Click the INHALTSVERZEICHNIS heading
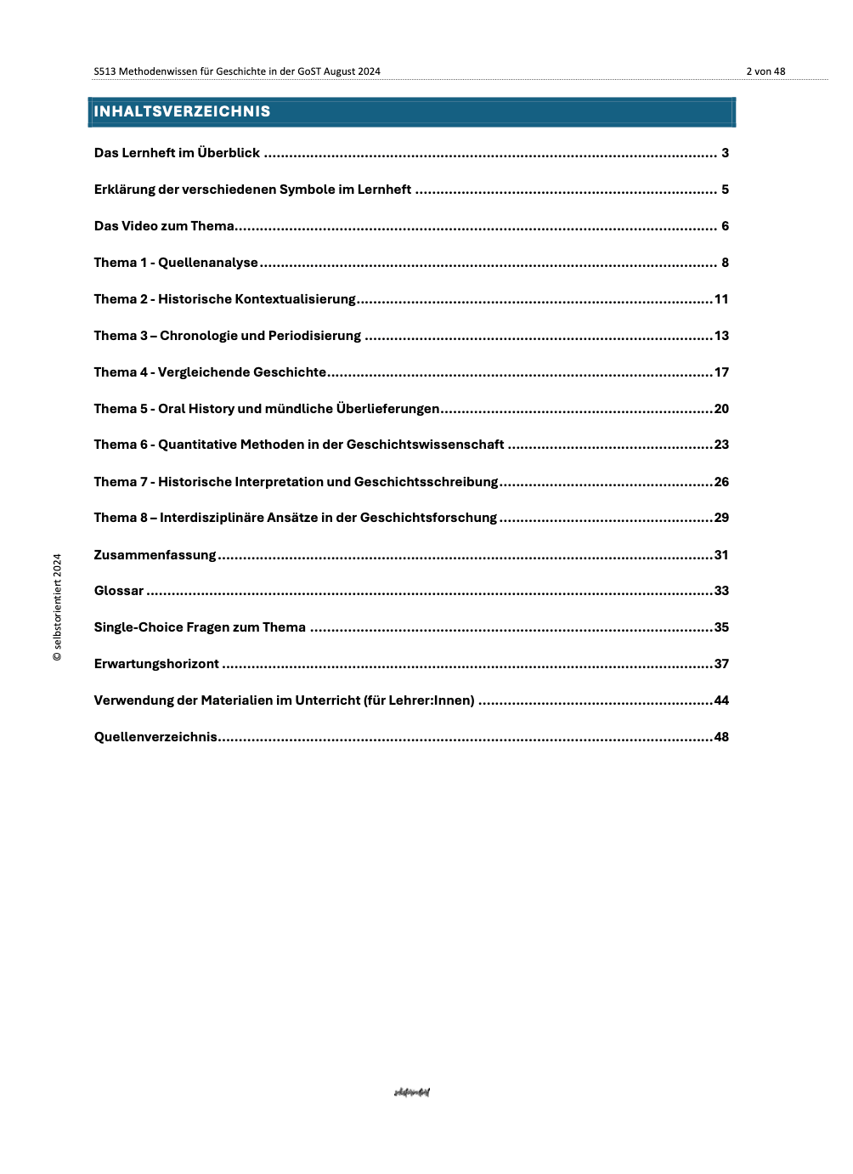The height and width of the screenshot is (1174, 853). [182, 111]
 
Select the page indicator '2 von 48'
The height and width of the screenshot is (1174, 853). [765, 71]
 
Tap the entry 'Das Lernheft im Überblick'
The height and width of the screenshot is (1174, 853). [177, 153]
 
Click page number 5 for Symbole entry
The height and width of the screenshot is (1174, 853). [725, 190]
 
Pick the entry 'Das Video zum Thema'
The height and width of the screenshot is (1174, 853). [164, 226]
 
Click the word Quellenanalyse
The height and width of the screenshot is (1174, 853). [208, 263]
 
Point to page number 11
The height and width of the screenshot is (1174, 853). [721, 299]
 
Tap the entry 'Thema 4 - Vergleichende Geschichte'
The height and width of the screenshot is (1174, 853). [210, 372]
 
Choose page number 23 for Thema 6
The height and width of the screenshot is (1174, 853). [721, 445]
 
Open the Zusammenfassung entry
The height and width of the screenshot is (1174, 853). [155, 555]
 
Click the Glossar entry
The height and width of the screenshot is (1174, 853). [119, 591]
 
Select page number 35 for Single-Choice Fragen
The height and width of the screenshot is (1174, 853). [721, 627]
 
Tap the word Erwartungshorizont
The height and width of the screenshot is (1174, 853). [156, 664]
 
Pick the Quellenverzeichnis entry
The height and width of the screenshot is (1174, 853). [155, 737]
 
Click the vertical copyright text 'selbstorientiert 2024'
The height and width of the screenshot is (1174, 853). [57, 607]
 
